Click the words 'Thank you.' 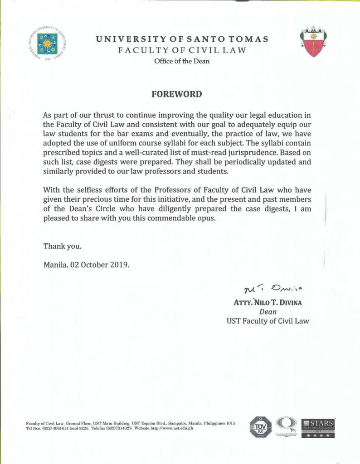click(x=62, y=246)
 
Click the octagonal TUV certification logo click(x=261, y=428)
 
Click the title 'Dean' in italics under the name click(x=268, y=312)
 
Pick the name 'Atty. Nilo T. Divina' click(x=267, y=302)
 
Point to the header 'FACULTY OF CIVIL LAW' click(x=182, y=50)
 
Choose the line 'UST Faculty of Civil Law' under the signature click(x=268, y=321)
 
